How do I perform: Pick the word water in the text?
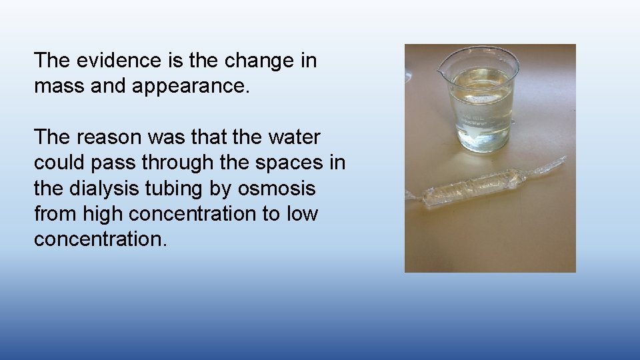coord(293,137)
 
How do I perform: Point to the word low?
coord(303,213)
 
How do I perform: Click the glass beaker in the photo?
coord(481,100)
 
